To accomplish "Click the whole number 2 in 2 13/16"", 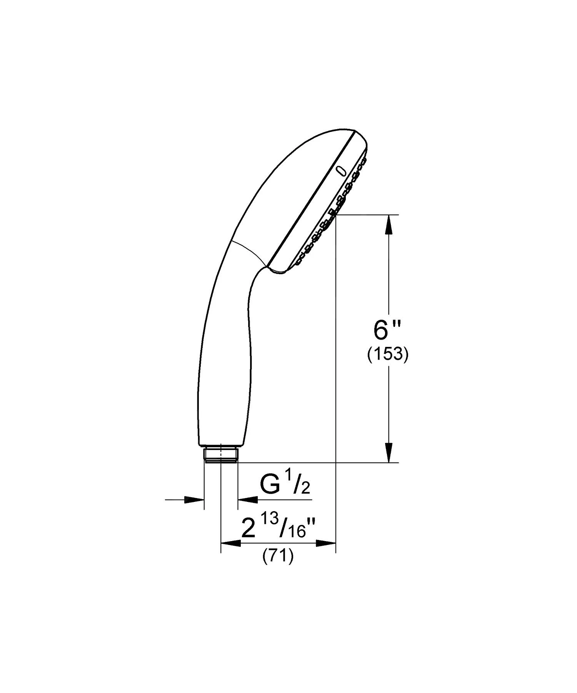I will (248, 529).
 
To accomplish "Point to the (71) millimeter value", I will (278, 557).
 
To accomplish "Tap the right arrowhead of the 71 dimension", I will (326, 543).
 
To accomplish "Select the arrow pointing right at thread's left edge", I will (194, 500).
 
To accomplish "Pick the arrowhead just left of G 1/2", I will (248, 500).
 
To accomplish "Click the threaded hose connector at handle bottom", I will (221, 455).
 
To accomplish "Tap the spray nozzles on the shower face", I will (331, 215).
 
